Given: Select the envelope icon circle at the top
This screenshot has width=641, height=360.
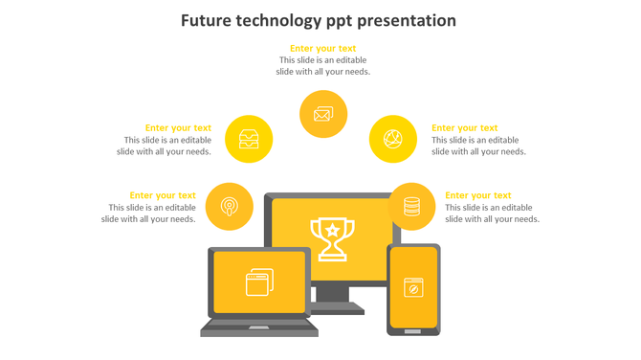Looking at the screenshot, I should click(x=322, y=114).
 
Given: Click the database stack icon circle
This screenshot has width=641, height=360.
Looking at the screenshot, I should click(x=411, y=206).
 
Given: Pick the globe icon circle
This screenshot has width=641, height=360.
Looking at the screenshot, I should click(x=392, y=139).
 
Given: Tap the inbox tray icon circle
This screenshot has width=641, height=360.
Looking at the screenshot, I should click(x=249, y=139).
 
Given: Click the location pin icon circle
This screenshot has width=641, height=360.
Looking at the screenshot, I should click(x=230, y=206).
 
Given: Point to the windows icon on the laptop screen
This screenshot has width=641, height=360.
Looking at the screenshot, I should click(x=259, y=281).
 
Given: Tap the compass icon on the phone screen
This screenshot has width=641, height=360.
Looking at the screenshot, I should click(x=413, y=286).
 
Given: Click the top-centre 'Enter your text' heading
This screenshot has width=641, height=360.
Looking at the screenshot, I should click(x=323, y=48).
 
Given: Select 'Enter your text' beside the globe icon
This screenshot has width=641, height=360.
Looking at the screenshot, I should click(x=465, y=127).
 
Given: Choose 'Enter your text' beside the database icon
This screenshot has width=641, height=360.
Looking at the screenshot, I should click(x=478, y=195).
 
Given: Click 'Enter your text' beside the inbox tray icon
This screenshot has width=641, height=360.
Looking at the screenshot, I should click(x=178, y=127).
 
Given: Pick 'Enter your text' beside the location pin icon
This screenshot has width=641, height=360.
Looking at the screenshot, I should click(x=163, y=195).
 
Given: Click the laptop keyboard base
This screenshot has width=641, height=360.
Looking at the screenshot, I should click(x=258, y=328).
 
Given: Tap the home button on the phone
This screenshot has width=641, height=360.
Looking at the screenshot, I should click(x=413, y=331).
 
